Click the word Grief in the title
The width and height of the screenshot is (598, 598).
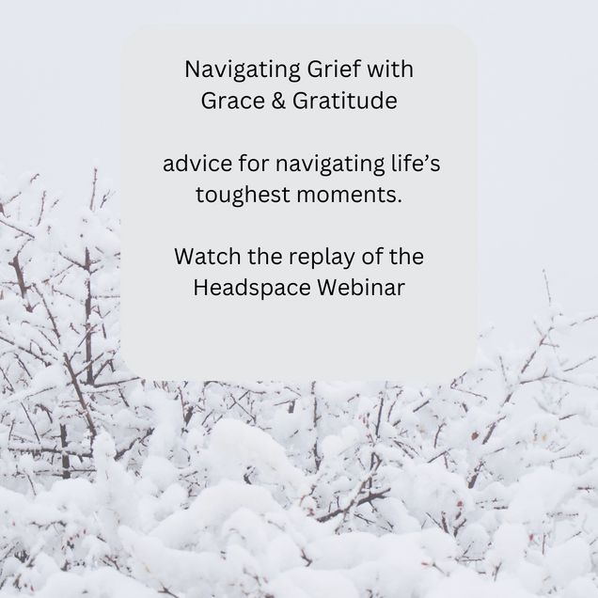point(334,69)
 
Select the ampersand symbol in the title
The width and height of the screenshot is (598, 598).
point(278,101)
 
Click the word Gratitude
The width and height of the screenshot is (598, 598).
point(345,101)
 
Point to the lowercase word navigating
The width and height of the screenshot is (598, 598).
point(330,164)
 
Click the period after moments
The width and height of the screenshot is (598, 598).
point(400,202)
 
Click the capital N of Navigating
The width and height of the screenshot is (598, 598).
point(193,70)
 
